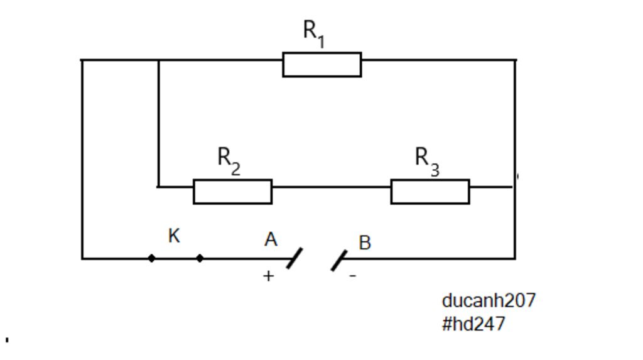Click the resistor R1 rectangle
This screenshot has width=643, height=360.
click(321, 65)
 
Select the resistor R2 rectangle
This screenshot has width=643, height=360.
click(232, 192)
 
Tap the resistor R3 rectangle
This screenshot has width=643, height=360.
click(430, 192)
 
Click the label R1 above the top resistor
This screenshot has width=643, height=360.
click(313, 33)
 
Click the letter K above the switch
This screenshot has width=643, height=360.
click(175, 236)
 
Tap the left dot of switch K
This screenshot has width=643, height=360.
click(151, 258)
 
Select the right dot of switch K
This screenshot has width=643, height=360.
click(200, 258)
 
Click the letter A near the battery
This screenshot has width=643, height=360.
click(271, 239)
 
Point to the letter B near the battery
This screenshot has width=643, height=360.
click(365, 243)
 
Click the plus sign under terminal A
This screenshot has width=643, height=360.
click(268, 276)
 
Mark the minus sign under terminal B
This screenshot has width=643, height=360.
click(353, 276)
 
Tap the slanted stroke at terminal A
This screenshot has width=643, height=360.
click(294, 258)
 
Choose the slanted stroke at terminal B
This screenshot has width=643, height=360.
click(339, 260)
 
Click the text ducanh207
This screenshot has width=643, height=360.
click(489, 300)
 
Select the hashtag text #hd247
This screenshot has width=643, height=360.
click(473, 324)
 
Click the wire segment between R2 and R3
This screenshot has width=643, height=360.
click(331, 187)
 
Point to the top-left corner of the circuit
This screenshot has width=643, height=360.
click(82, 60)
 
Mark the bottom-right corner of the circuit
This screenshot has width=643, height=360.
click(515, 258)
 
